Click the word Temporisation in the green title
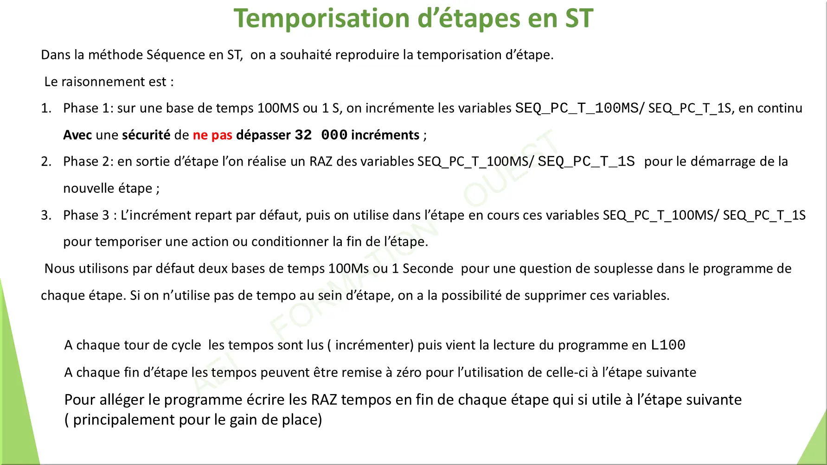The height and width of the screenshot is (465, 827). pos(321,19)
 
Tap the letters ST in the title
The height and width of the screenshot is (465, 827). pos(579,19)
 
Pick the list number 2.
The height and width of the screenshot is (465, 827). pos(45,161)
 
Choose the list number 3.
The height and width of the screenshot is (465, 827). pos(45,215)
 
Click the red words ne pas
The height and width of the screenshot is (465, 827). pos(212,135)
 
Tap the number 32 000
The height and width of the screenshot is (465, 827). pos(321,135)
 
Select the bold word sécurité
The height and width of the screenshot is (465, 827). pos(146,134)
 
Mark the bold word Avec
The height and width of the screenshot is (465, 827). pos(77,135)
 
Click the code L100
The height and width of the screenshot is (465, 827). pos(668,345)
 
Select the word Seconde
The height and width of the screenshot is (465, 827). pos(428,268)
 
